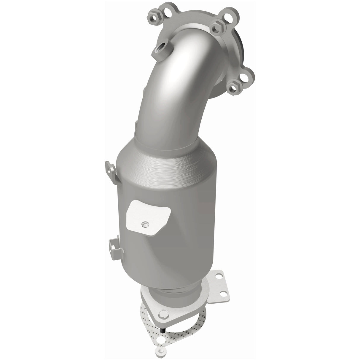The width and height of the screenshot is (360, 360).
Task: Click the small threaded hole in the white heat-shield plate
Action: [145, 224]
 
